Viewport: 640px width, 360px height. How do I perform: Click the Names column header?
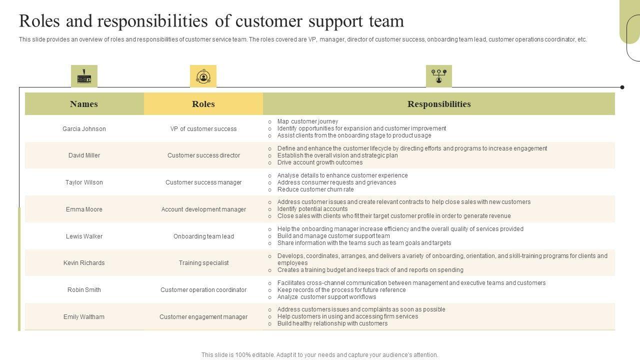point(84,104)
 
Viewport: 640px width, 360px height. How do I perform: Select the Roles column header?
point(203,104)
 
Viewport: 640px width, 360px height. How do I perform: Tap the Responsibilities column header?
point(438,104)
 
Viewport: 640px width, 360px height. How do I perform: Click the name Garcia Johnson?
point(84,129)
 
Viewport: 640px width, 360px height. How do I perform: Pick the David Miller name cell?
point(84,155)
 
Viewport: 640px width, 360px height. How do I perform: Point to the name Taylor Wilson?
point(84,182)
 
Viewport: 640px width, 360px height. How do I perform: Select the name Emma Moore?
point(84,209)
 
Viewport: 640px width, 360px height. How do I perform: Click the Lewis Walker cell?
point(84,236)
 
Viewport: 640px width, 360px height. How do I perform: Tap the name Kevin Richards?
point(84,263)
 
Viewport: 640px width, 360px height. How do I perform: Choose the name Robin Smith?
point(84,290)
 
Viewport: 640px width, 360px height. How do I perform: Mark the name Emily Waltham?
point(84,317)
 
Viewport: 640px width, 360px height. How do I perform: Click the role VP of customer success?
point(203,129)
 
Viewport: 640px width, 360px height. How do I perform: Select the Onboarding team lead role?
point(203,236)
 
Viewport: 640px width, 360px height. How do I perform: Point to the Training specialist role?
point(203,263)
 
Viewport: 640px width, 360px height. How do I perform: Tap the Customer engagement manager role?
point(203,317)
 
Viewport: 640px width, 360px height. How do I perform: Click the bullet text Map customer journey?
point(307,121)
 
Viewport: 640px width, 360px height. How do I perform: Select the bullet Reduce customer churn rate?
point(315,189)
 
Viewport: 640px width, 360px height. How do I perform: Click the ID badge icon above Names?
point(84,76)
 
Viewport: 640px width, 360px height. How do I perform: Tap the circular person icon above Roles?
point(203,76)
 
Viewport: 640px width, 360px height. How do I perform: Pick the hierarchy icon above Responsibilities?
point(438,76)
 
